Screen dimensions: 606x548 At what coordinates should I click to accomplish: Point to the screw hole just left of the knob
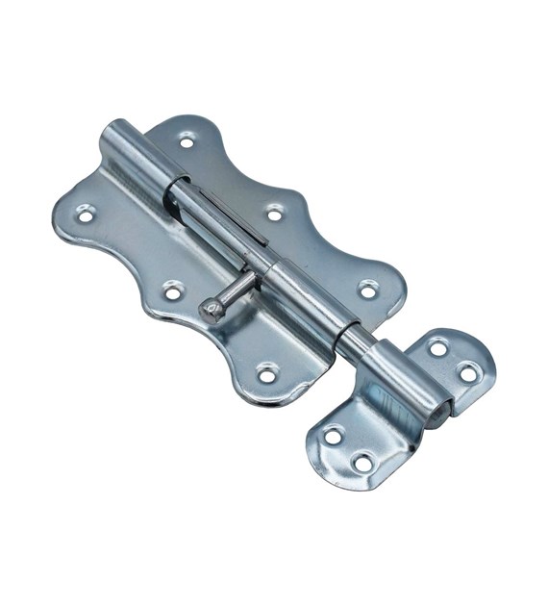click(173, 290)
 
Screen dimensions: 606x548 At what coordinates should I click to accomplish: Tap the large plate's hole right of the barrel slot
click(275, 213)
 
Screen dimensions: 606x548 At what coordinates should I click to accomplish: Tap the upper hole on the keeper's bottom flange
click(332, 436)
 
